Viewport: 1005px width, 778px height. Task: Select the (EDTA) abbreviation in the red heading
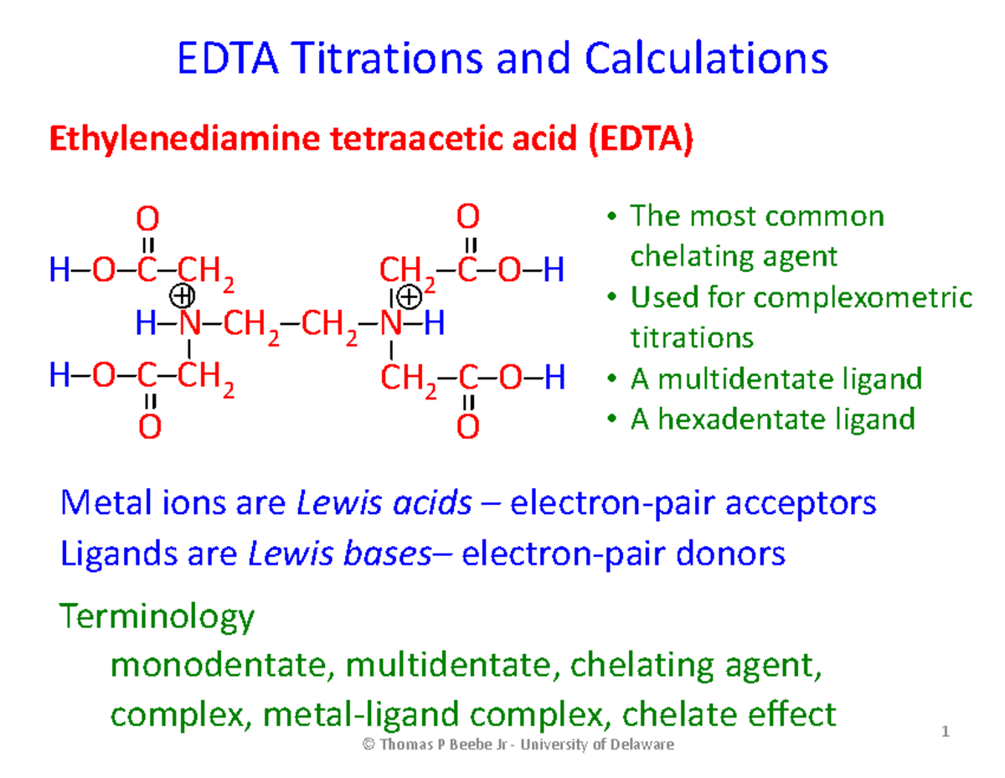pos(640,140)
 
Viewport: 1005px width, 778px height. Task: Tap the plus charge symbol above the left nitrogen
pos(182,296)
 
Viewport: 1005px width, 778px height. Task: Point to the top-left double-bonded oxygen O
pos(147,220)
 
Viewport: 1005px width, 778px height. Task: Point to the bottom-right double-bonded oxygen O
pos(468,428)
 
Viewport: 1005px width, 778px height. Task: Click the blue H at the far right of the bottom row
pos(554,379)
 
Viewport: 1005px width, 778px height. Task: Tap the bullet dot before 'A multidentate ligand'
pos(611,379)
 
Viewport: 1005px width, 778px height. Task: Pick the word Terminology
pos(157,617)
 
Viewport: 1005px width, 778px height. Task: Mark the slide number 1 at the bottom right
pos(946,734)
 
